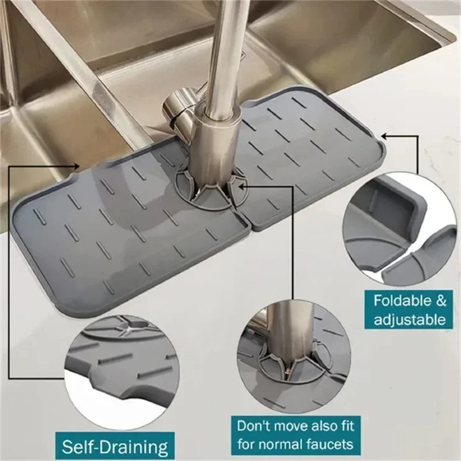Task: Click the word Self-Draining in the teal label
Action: click(115, 447)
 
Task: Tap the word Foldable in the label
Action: click(401, 300)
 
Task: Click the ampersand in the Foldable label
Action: click(440, 300)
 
